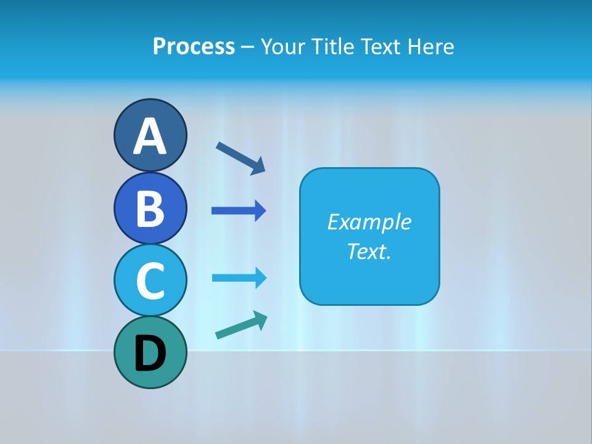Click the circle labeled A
tap(150, 135)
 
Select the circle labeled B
tap(150, 208)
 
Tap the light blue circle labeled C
tap(150, 280)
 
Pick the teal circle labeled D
tap(150, 352)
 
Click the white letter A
tap(150, 136)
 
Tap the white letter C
tap(150, 281)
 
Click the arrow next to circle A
tap(240, 157)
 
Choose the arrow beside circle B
tap(238, 211)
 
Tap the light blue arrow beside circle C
tap(239, 277)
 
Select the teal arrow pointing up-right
tap(240, 325)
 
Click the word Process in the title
tap(194, 46)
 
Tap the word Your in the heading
tap(284, 46)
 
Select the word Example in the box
tap(369, 222)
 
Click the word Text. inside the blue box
tap(369, 251)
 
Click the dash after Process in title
tap(248, 47)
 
